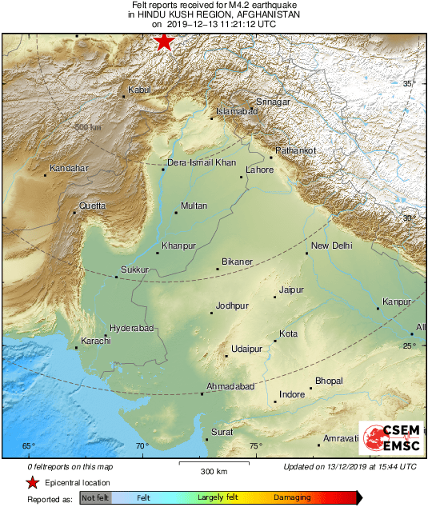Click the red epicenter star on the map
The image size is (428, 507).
164,42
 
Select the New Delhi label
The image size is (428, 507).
332,246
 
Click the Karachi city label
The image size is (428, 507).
94,341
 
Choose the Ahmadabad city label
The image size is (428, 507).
230,386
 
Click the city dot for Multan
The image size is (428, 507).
176,213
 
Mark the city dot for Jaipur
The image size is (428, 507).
274,297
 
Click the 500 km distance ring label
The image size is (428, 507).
88,127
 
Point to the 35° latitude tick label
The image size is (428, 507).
409,83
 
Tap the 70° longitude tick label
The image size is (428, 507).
142,446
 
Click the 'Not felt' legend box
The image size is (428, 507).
94,497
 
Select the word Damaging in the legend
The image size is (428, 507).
293,497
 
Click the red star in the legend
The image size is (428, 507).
33,482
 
